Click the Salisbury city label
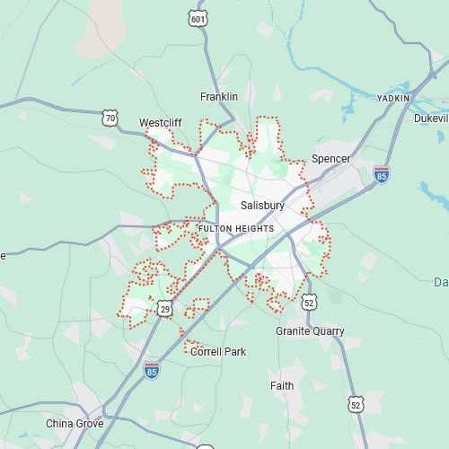click(x=262, y=206)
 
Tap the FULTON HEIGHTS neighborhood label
click(x=236, y=229)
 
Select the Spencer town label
click(x=330, y=159)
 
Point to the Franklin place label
click(x=219, y=97)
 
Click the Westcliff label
click(x=161, y=123)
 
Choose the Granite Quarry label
click(x=310, y=331)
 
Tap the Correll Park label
click(x=218, y=352)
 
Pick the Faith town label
click(x=282, y=386)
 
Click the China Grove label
click(x=75, y=423)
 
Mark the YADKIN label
click(x=392, y=98)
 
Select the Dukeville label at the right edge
click(x=431, y=119)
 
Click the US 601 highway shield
click(x=198, y=17)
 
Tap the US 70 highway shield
click(x=110, y=118)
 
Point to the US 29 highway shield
click(x=164, y=309)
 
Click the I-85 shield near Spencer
click(x=382, y=174)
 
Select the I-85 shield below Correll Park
click(x=152, y=370)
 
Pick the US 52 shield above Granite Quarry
click(x=309, y=302)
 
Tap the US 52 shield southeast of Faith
click(x=357, y=405)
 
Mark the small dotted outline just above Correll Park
click(x=191, y=341)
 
